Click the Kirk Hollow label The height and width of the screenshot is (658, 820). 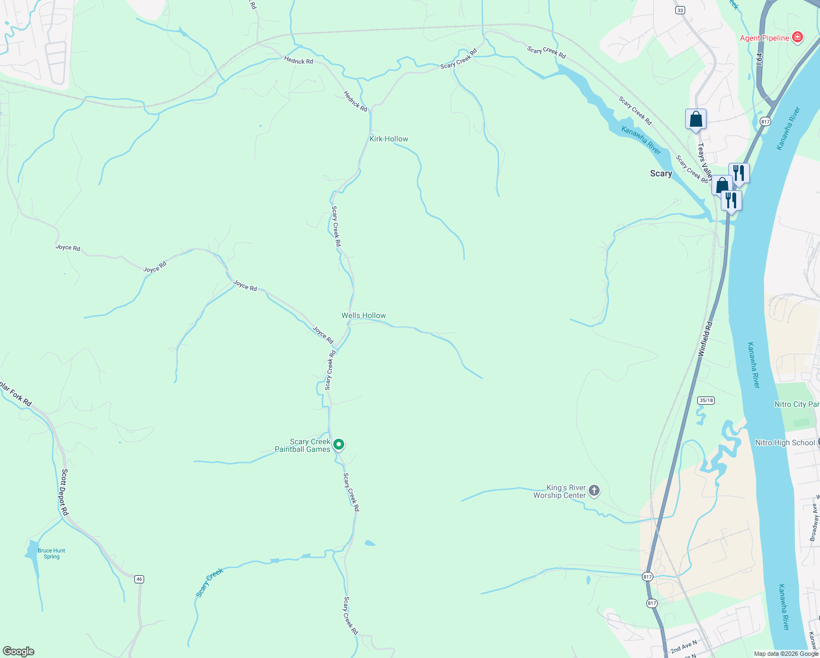(x=389, y=139)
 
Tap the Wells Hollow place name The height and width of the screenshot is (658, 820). (x=363, y=315)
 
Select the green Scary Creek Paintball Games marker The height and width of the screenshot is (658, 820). (x=339, y=445)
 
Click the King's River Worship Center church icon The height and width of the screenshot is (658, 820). (x=594, y=491)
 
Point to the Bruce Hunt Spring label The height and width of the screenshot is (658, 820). (x=52, y=553)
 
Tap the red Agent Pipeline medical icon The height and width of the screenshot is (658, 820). (x=798, y=37)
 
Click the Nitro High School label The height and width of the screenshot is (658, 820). (x=785, y=443)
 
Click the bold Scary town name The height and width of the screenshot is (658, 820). (x=660, y=173)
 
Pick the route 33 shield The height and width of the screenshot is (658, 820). (x=680, y=10)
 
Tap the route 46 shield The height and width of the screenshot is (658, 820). (x=139, y=579)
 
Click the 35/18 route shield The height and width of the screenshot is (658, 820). (x=706, y=400)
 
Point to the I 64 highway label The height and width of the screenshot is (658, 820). (x=759, y=59)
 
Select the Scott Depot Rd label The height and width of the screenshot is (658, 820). (x=65, y=492)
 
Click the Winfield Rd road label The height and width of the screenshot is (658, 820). (x=705, y=339)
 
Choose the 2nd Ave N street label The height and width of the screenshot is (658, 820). (x=684, y=646)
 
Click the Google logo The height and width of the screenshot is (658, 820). (x=19, y=651)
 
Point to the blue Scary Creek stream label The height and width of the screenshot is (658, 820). (x=210, y=582)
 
